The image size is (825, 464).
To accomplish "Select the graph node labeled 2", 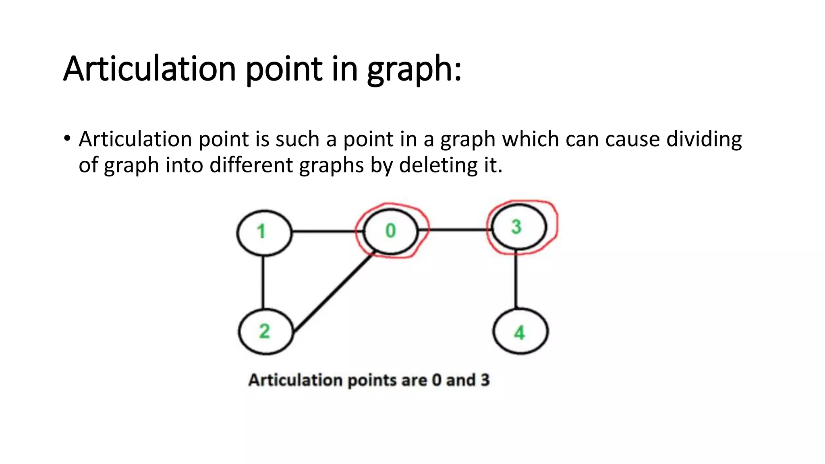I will [x=266, y=331].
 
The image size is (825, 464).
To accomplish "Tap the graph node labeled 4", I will [x=520, y=331].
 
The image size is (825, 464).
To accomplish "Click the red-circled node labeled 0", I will [x=390, y=231].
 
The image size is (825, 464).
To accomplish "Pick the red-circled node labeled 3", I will [x=518, y=227].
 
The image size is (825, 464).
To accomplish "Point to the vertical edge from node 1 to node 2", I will [x=263, y=282].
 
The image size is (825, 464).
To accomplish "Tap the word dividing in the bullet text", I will [x=704, y=139].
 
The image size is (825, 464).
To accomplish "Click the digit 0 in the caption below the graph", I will [x=437, y=380].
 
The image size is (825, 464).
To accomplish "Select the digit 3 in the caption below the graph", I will [x=485, y=380].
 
